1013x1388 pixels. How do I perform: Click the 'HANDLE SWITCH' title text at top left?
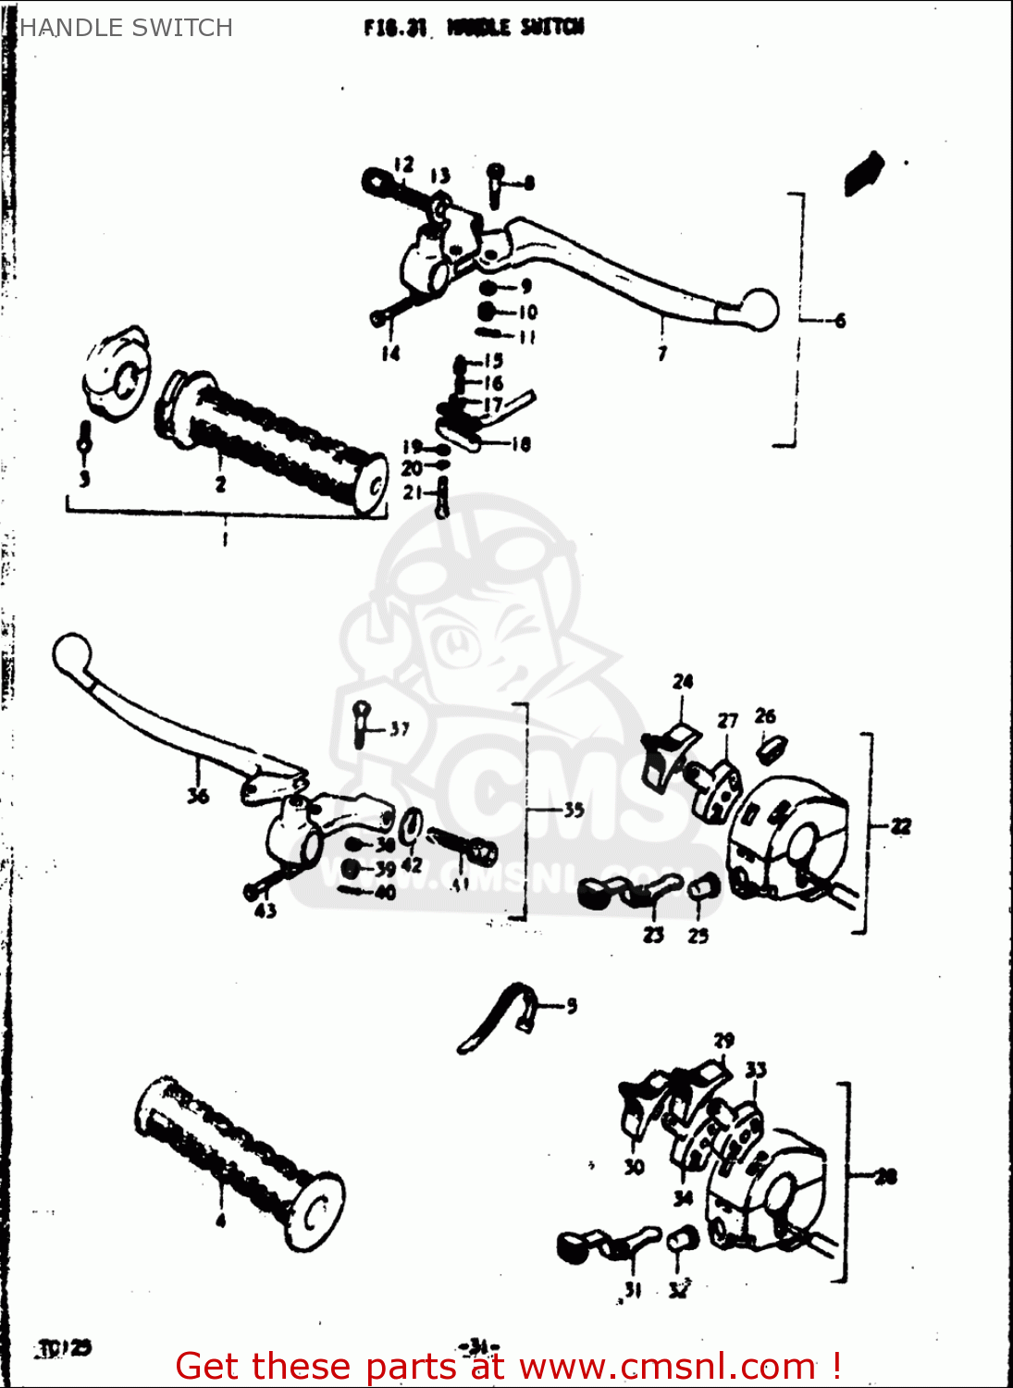pos(126,28)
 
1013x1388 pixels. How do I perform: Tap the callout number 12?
pos(403,165)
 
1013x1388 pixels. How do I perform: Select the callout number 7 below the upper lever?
pos(662,353)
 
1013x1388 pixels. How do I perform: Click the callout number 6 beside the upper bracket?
pos(839,321)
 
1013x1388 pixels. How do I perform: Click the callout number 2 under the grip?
pos(220,483)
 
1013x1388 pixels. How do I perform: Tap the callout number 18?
pos(521,444)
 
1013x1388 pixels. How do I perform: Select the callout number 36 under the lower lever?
pos(198,795)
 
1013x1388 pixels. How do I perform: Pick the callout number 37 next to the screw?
pos(399,729)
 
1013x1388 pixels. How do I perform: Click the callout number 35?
pos(574,810)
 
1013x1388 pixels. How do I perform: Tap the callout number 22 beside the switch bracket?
pos(900,826)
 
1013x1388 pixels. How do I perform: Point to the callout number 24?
pos(683,682)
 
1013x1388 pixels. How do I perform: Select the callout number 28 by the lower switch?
pos(885,1176)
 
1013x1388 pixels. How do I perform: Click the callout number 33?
pos(756,1070)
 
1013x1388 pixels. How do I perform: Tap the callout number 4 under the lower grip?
pos(220,1221)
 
